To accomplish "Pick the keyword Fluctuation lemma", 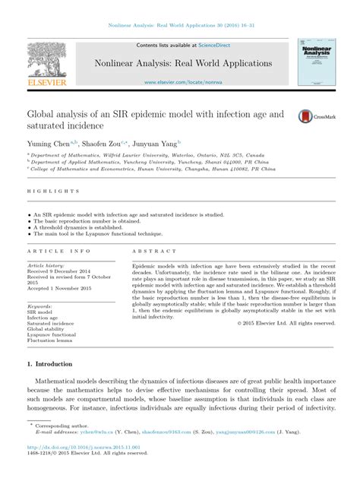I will coord(49,341).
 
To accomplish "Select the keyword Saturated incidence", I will coord(52,323).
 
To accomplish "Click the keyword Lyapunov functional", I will coord(52,335).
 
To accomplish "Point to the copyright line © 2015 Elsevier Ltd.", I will coord(286,323).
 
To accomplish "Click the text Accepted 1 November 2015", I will coord(61,289).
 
